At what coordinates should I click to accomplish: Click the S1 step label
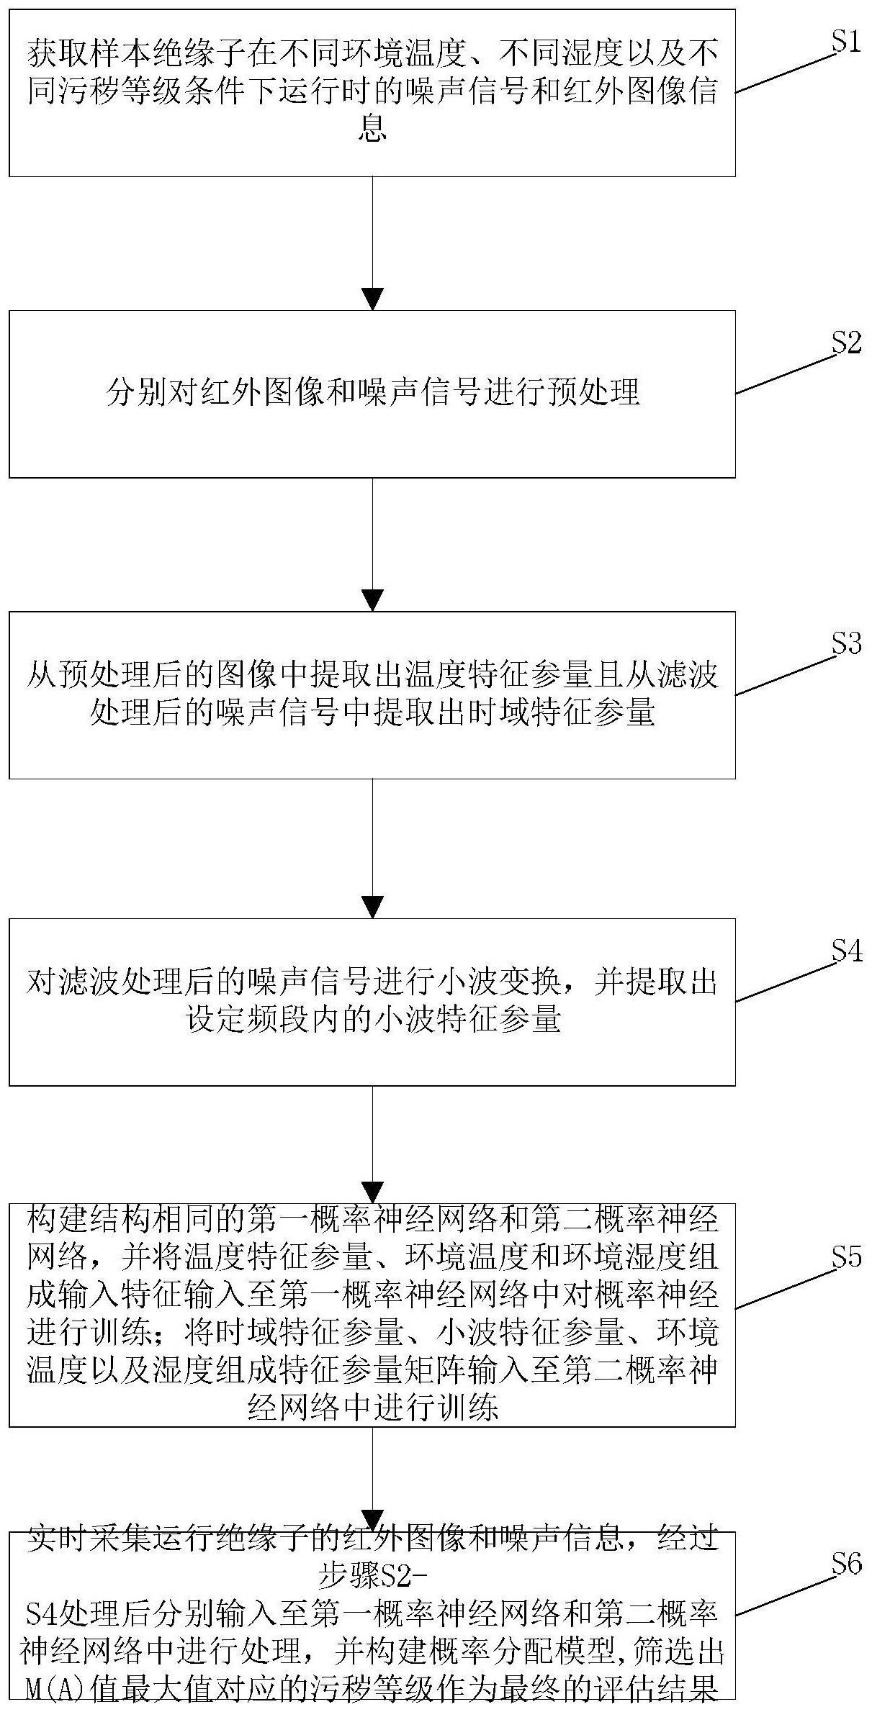click(846, 42)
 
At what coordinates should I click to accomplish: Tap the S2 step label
click(846, 343)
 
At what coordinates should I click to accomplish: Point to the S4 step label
click(846, 951)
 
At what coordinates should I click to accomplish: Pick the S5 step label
click(846, 1257)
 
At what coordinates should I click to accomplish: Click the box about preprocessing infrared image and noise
click(372, 394)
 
